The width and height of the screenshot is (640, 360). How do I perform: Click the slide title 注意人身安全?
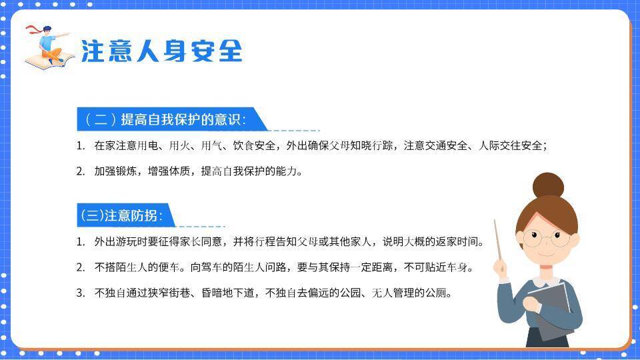pyautogui.click(x=161, y=51)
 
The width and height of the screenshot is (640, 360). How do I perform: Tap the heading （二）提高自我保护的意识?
pyautogui.click(x=165, y=120)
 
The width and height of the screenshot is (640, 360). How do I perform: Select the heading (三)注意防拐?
pyautogui.click(x=121, y=216)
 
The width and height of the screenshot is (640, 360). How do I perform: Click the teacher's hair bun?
pyautogui.click(x=548, y=185)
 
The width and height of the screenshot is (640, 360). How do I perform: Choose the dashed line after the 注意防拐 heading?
pyautogui.click(x=200, y=226)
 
